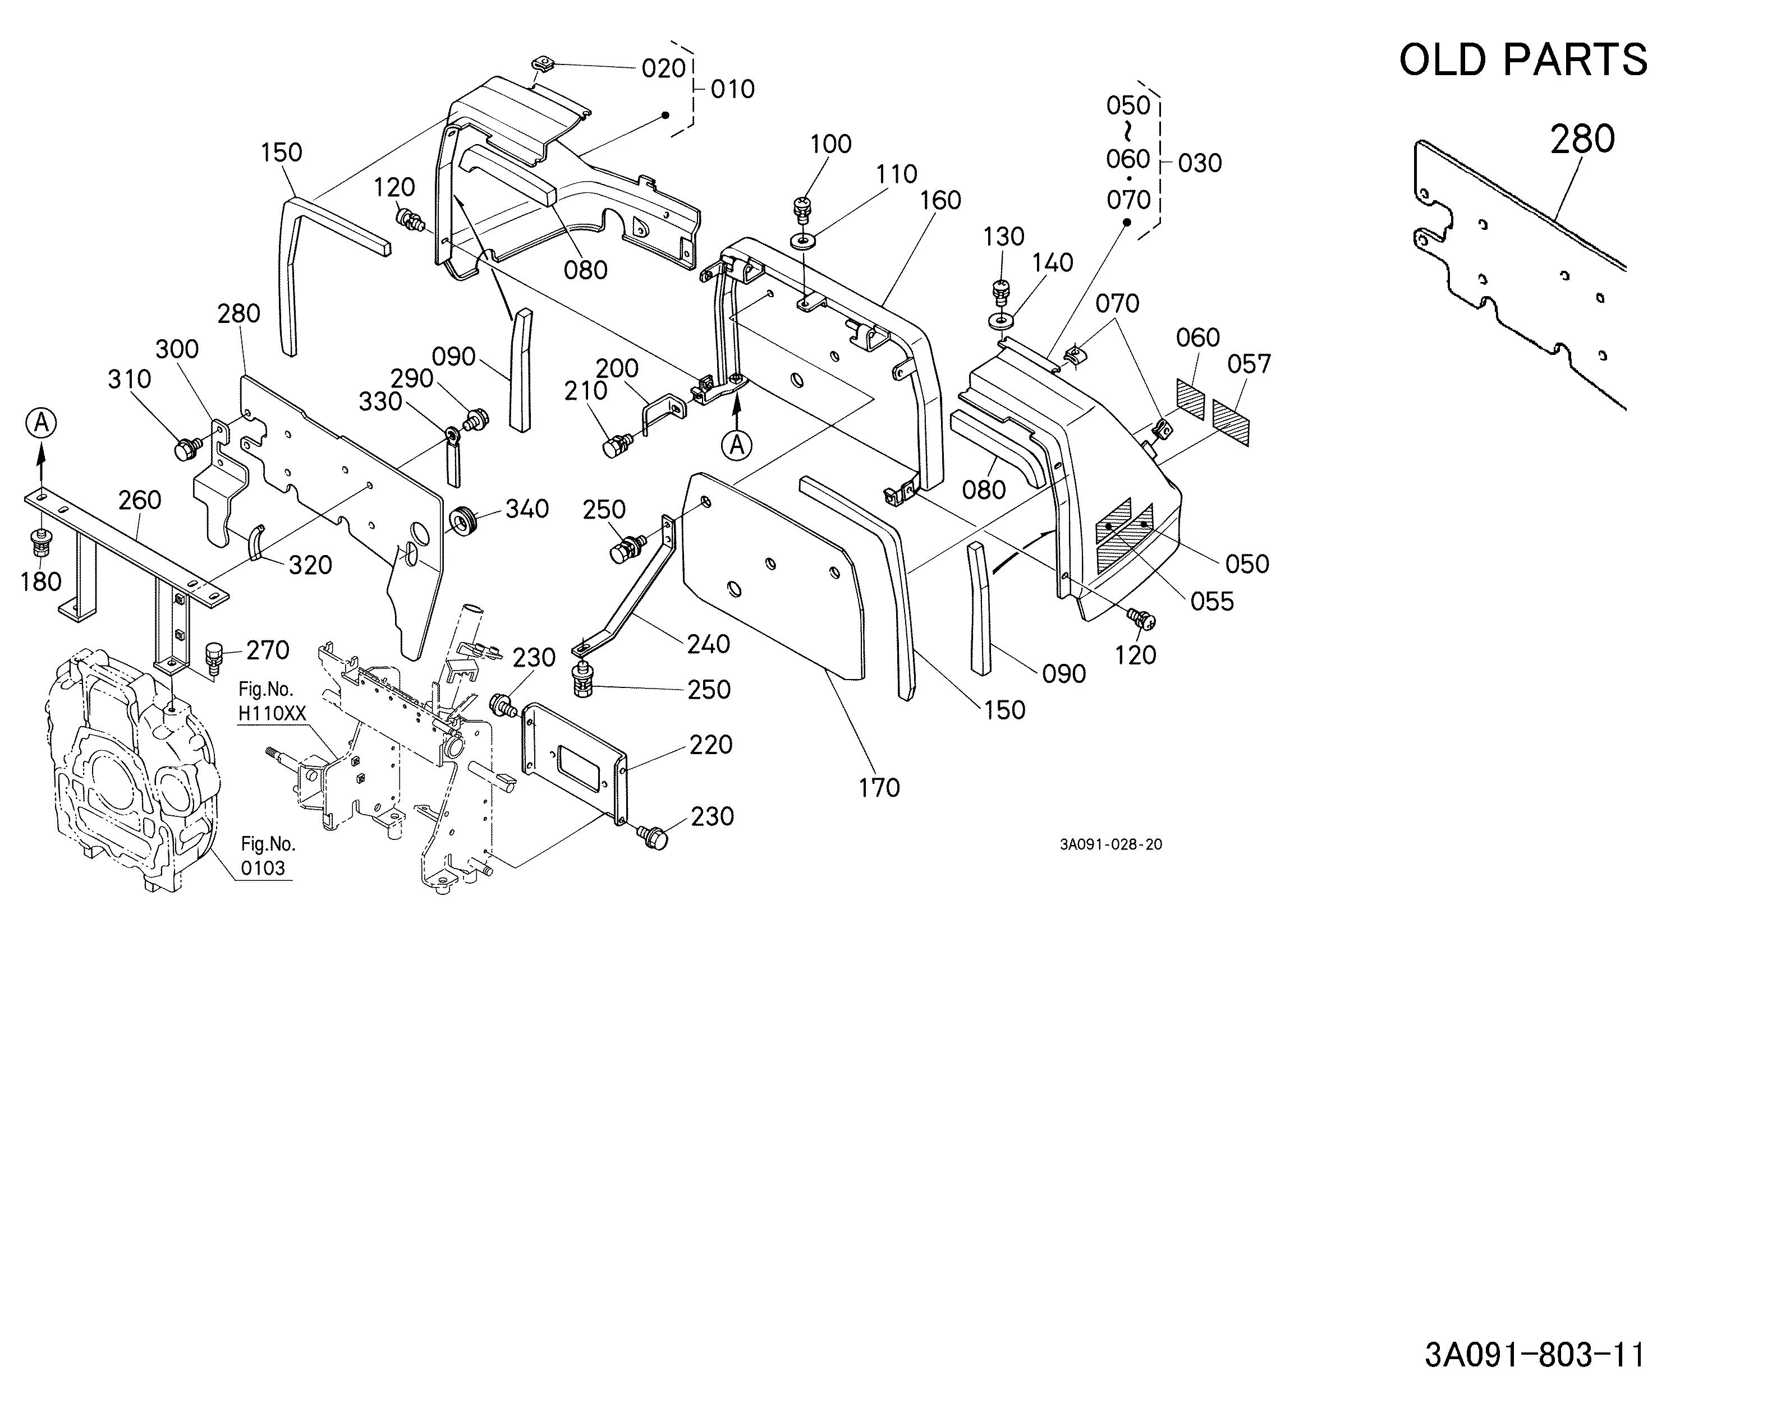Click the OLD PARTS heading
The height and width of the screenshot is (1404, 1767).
point(1523,60)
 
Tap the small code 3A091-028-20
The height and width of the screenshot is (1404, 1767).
point(1110,844)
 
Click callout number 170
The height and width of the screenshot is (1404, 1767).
point(879,787)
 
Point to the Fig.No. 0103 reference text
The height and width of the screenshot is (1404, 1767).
point(265,856)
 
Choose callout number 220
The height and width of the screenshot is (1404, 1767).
point(710,745)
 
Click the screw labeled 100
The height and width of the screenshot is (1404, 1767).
point(801,209)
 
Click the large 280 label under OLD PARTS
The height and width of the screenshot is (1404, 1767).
point(1582,138)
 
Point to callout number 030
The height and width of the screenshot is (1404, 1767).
point(1199,163)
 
